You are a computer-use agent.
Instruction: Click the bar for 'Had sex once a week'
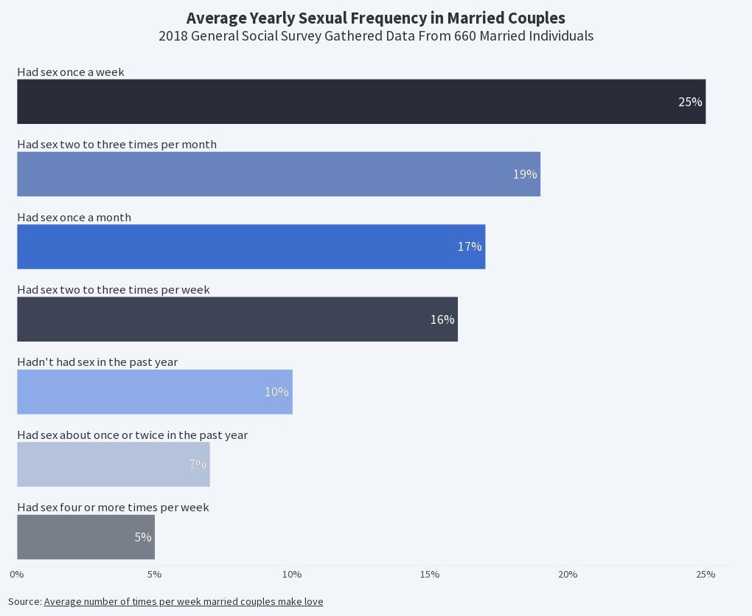click(x=361, y=102)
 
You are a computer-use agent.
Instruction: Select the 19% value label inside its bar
click(x=525, y=175)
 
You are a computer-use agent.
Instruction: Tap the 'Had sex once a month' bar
click(x=251, y=246)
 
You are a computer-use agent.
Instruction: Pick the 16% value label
click(x=442, y=319)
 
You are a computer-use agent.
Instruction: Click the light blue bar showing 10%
click(x=155, y=392)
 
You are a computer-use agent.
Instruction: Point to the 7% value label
click(x=197, y=464)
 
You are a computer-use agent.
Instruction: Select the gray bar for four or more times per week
click(x=86, y=537)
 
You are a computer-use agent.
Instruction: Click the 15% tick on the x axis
click(x=430, y=575)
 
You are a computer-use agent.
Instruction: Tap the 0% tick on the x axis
click(x=16, y=575)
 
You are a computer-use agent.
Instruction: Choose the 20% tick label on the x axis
click(x=568, y=575)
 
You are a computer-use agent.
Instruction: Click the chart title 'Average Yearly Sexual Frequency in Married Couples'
click(x=376, y=18)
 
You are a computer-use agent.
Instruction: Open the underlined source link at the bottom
click(x=184, y=602)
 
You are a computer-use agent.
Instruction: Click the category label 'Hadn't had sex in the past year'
click(x=97, y=362)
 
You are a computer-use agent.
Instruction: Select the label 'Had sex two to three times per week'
click(x=114, y=290)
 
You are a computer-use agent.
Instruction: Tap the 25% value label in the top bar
click(x=690, y=102)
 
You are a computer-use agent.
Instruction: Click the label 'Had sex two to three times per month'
click(x=116, y=145)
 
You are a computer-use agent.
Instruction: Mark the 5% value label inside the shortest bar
click(x=142, y=537)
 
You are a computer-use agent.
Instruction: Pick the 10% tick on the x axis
click(x=292, y=575)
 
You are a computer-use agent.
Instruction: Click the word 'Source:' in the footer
click(x=24, y=602)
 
